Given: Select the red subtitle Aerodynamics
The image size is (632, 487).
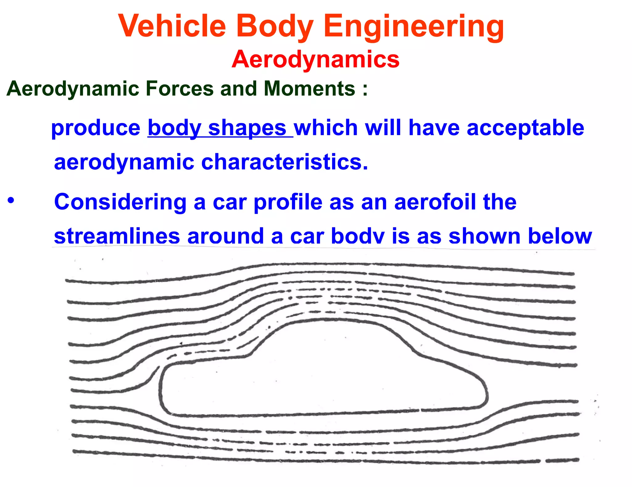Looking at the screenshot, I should coord(315,59).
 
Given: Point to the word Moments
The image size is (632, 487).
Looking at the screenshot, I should coord(309,89).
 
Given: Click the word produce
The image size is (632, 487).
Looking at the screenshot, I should coord(96,128).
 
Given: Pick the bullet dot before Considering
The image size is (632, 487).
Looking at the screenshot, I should coord(11,200).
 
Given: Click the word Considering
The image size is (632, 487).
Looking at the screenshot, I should coord(120,202).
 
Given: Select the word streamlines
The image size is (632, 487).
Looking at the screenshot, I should coord(117,236).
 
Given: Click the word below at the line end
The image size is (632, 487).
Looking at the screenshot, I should coord(560,236).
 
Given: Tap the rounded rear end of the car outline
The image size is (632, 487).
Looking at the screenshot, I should coord(486,394).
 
